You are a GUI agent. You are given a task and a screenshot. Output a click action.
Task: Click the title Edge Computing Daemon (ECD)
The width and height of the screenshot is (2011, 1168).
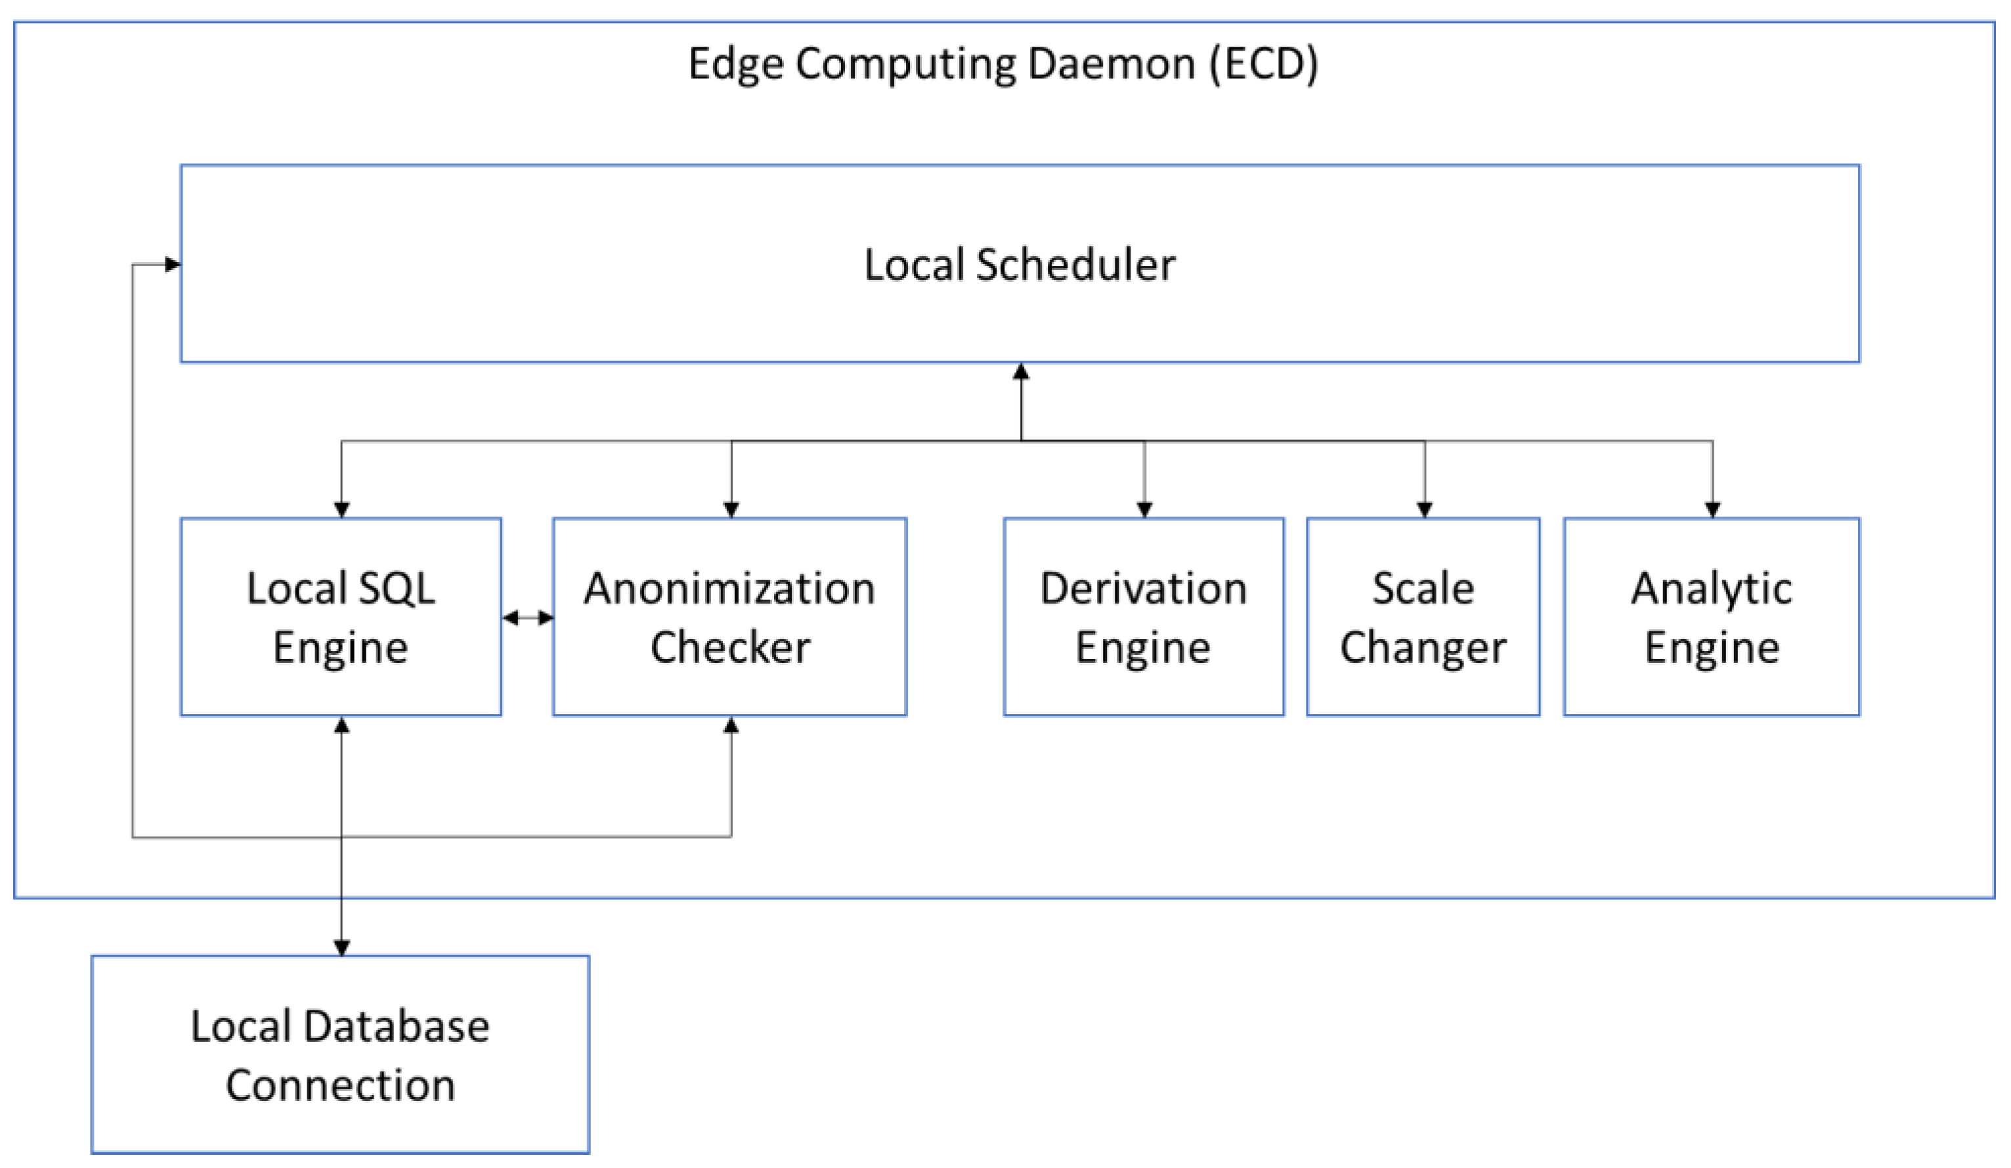click(1003, 64)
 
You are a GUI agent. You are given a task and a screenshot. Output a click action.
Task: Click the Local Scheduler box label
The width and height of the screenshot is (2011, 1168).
click(1019, 264)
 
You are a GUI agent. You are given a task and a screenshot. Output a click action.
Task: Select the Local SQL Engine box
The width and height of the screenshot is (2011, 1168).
click(341, 616)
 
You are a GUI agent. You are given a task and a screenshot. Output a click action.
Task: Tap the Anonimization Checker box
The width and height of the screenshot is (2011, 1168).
click(729, 616)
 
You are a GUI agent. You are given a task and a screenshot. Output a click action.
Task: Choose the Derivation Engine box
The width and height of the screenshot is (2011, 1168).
click(1143, 616)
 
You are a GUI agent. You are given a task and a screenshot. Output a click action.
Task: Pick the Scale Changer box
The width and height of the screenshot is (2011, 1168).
click(1422, 616)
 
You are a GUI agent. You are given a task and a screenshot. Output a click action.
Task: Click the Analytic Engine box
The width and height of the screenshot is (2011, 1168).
click(1711, 616)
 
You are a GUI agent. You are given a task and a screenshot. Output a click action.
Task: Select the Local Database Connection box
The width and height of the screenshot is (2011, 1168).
click(340, 1054)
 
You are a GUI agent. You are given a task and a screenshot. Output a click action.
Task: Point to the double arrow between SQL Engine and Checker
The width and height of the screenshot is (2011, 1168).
click(527, 617)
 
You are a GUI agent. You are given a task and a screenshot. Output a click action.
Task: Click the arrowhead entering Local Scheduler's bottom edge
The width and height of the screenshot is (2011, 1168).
click(1021, 371)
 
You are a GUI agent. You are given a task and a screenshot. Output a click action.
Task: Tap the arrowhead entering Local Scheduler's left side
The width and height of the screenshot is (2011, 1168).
click(173, 264)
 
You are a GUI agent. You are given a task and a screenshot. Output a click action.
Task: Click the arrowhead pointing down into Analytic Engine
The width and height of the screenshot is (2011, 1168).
click(1712, 509)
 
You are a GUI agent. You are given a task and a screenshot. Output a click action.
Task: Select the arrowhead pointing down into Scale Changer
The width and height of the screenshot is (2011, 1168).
click(1425, 509)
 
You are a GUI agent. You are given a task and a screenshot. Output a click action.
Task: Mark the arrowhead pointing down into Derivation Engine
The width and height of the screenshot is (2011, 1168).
click(1144, 509)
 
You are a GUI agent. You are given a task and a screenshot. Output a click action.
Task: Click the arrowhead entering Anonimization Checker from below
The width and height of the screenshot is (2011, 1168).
click(731, 725)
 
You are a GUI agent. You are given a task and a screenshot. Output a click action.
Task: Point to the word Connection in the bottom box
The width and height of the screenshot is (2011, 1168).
click(340, 1084)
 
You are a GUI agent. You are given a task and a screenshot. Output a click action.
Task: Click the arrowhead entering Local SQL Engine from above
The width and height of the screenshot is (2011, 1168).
click(341, 509)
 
